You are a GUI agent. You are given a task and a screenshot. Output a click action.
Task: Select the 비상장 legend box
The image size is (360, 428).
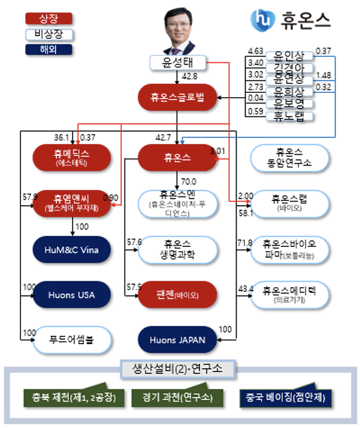click(x=41, y=34)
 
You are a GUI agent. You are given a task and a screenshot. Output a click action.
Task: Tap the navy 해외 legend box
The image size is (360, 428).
click(x=41, y=50)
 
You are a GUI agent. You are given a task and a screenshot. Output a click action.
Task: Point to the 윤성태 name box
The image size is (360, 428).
click(x=178, y=62)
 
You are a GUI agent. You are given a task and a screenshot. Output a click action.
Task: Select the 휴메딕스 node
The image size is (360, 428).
click(x=72, y=156)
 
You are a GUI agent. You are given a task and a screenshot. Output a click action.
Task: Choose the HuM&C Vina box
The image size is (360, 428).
click(x=72, y=249)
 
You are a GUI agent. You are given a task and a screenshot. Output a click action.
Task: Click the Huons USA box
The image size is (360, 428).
click(x=72, y=294)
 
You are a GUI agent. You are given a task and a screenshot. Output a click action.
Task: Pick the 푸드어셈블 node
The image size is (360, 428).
click(x=72, y=340)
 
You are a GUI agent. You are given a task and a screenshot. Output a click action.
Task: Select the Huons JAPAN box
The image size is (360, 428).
click(x=178, y=340)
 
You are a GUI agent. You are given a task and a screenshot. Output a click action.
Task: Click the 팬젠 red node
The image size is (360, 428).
click(x=177, y=294)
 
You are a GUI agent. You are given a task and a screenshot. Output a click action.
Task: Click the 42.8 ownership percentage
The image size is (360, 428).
click(x=190, y=76)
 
